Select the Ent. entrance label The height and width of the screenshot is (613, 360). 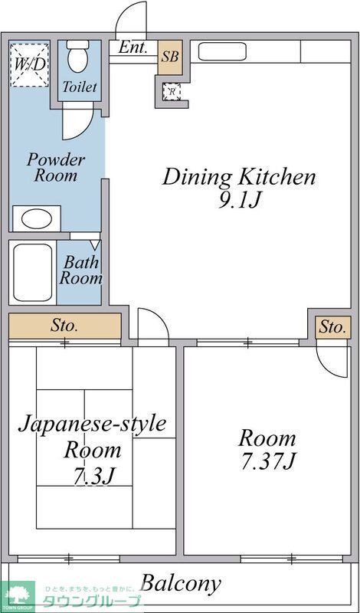(x=133, y=48)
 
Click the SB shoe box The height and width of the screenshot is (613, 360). (x=170, y=57)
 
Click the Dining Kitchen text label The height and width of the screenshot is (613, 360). (x=238, y=178)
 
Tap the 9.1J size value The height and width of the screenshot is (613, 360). (x=239, y=202)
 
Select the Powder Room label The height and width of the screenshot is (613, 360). (x=55, y=168)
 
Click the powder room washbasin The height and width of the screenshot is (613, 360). (x=36, y=218)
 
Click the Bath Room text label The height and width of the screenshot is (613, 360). (x=80, y=270)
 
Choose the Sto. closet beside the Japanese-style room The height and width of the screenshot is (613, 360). (x=64, y=326)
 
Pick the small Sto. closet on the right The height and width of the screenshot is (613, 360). (x=332, y=326)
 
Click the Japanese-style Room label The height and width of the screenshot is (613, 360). (x=92, y=436)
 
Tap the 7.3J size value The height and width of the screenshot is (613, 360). (x=93, y=476)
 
